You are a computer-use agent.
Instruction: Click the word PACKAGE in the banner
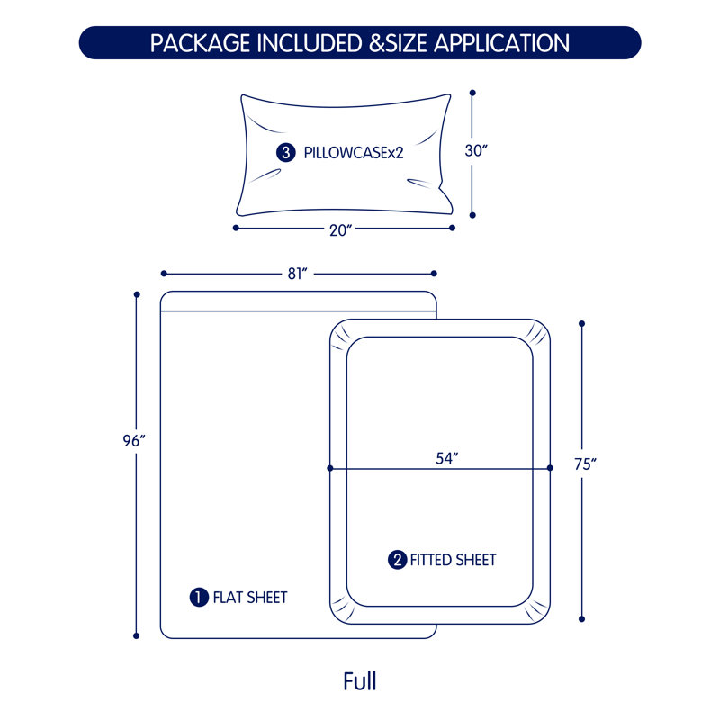coord(201,43)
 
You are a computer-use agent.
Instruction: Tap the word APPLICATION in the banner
coord(502,43)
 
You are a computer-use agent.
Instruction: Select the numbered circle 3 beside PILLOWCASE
coord(285,152)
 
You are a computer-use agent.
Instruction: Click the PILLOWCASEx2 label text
coord(354,153)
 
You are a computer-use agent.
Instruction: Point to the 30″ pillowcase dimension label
coord(476,150)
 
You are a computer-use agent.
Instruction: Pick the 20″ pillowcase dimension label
coord(341,230)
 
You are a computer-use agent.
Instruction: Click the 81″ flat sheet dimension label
coord(297,274)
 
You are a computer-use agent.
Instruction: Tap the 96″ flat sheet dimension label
coord(133,441)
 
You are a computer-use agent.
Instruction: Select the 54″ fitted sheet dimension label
coord(446,458)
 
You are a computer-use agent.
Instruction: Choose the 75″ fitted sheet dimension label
coord(585,464)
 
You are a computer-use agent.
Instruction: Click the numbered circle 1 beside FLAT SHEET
coord(199,598)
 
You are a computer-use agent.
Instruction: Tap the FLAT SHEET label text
coord(250,598)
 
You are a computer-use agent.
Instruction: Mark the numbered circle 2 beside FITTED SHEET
coord(397,560)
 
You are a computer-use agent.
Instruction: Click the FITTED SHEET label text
coord(453,560)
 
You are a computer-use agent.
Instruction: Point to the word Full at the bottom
coord(360,681)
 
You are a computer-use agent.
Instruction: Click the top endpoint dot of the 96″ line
coord(137,294)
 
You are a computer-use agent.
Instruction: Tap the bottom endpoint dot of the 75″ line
coord(581,619)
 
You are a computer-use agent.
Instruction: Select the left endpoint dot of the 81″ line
coord(164,274)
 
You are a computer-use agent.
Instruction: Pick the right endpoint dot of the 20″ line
coord(453,228)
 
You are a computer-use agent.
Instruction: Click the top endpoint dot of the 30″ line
coord(472,93)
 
